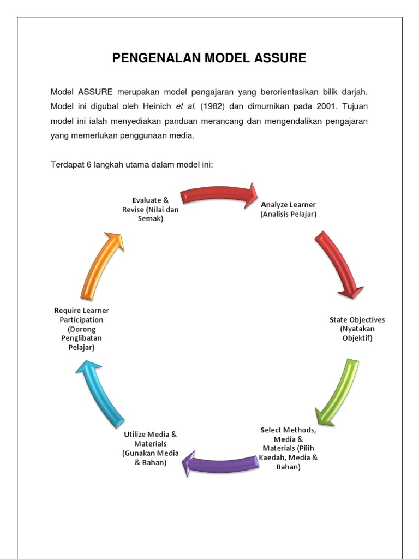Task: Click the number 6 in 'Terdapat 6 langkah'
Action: point(89,165)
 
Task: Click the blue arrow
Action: point(99,393)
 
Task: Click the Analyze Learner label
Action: point(288,209)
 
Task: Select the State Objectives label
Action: point(357,329)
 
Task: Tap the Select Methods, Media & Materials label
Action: point(288,448)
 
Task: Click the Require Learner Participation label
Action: point(81,329)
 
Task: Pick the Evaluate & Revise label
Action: point(151,209)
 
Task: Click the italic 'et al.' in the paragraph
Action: point(188,106)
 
